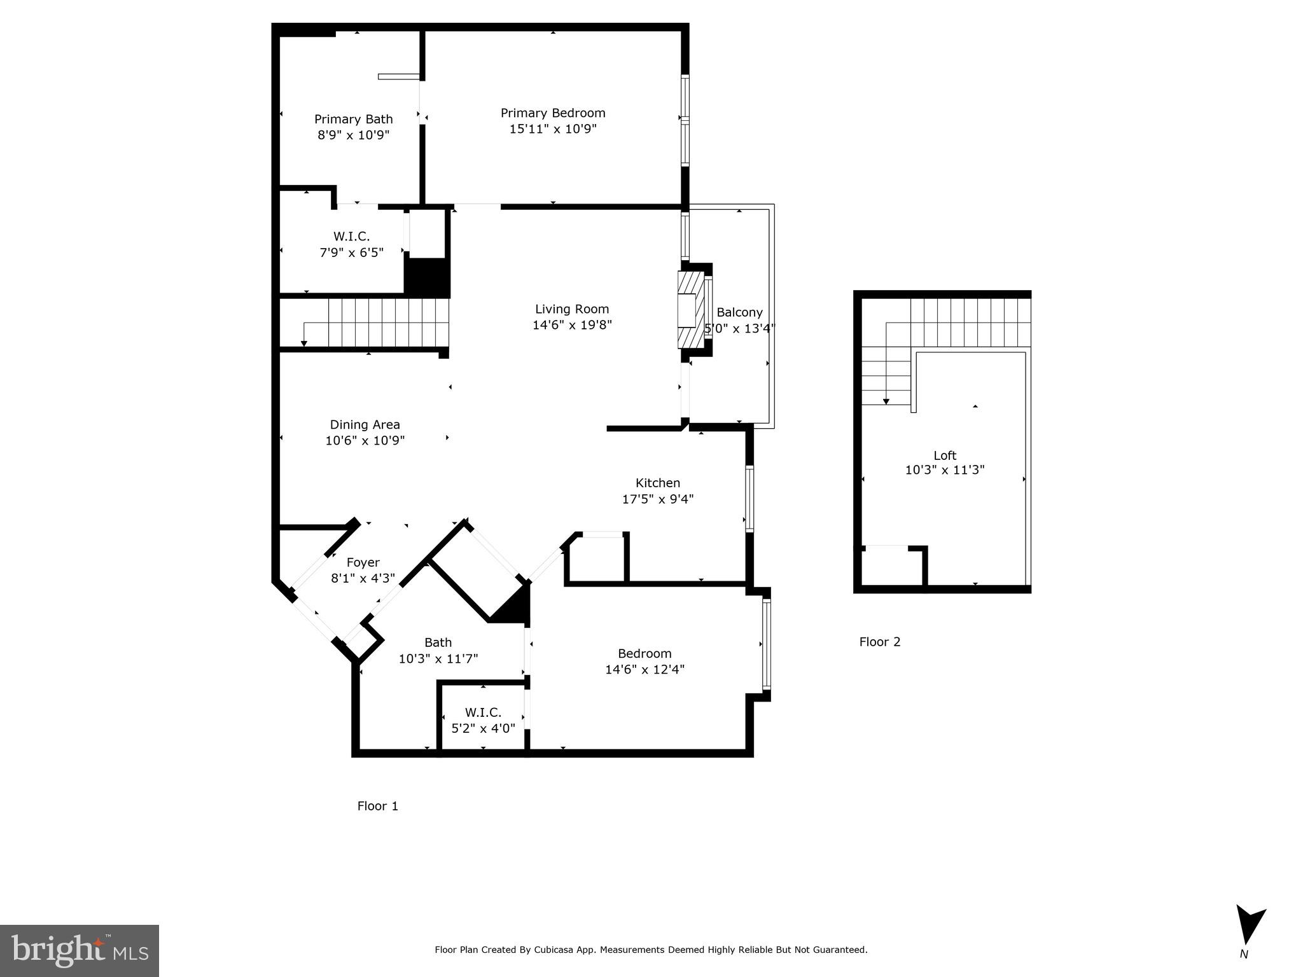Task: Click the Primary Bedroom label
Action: [552, 113]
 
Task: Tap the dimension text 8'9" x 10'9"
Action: [353, 135]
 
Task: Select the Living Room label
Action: [571, 309]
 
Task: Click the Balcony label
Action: [739, 312]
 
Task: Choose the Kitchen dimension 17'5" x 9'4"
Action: [657, 499]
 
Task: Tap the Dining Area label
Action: [365, 425]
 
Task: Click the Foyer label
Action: [363, 562]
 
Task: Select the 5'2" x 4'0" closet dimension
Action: [483, 728]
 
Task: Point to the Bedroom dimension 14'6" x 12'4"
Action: [645, 669]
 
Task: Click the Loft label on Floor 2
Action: [945, 455]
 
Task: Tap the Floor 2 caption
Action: [880, 642]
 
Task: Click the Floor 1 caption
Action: [377, 806]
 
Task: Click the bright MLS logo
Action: [79, 950]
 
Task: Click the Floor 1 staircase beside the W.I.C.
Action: [375, 322]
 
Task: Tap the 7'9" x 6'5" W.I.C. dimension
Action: [351, 253]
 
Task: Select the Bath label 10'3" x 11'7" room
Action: [438, 642]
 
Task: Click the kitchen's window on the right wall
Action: [749, 499]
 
